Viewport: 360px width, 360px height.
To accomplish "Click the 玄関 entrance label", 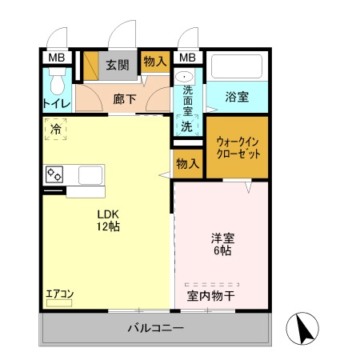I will (118, 65).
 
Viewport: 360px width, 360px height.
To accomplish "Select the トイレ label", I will (55, 103).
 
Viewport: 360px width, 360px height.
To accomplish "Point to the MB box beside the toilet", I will (56, 58).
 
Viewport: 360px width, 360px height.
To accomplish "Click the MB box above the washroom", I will (186, 58).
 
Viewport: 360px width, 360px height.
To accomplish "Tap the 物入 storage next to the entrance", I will (154, 61).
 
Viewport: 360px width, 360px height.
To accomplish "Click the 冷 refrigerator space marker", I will (56, 129).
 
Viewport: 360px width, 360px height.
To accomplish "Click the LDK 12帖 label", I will (109, 220).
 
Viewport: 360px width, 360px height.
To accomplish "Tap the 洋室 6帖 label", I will (222, 243).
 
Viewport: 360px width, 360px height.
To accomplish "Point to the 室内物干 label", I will (211, 295).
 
